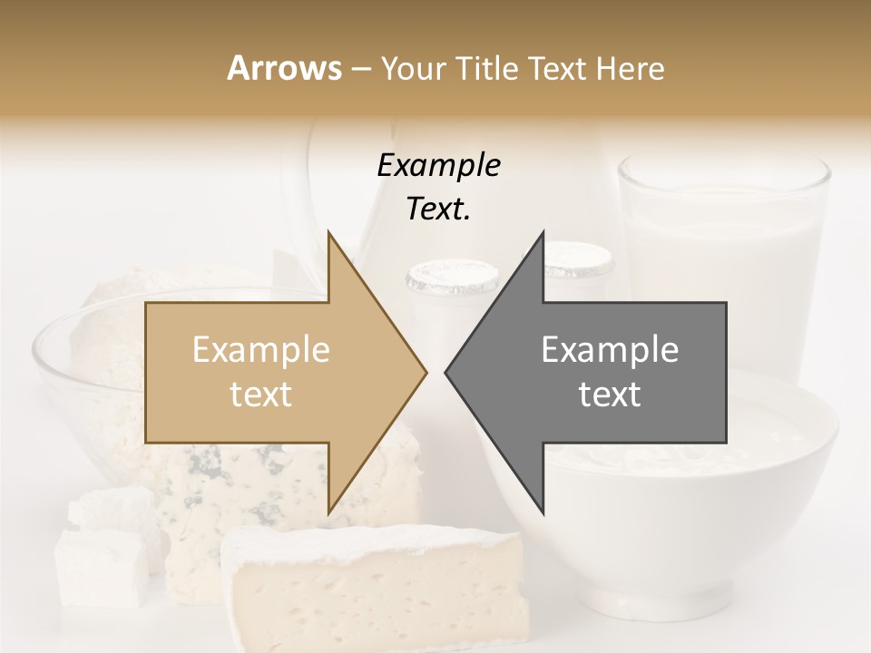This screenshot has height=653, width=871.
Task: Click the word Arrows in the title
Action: tap(284, 68)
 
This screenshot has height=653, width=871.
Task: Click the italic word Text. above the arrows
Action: tap(438, 210)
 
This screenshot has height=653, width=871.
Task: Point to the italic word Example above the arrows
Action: tap(438, 166)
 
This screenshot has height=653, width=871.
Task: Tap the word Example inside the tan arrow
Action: tap(261, 350)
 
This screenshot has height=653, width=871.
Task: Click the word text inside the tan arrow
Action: tap(261, 395)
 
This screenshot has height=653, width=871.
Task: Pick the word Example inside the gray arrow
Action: tap(610, 350)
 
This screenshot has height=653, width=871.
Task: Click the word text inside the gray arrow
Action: tap(610, 395)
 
